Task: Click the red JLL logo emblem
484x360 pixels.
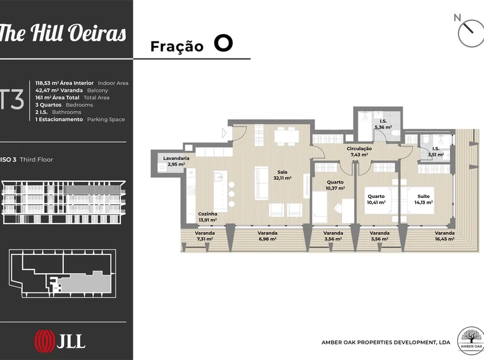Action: (x=45, y=341)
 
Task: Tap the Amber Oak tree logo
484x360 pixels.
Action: (x=470, y=341)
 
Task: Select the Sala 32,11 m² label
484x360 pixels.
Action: (x=282, y=175)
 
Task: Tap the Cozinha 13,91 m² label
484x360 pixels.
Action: (x=208, y=217)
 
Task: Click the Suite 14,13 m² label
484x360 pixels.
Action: (x=423, y=199)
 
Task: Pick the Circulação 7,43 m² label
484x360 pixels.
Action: (x=359, y=151)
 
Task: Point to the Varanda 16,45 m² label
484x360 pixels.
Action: (x=444, y=236)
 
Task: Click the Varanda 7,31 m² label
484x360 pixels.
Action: (x=205, y=236)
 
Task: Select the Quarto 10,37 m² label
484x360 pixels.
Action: (x=335, y=185)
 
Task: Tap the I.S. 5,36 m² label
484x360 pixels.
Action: (x=383, y=124)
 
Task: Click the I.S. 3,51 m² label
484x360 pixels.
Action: (x=436, y=151)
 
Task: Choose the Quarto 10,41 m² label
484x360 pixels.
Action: (x=376, y=199)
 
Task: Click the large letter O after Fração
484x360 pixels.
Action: (x=223, y=43)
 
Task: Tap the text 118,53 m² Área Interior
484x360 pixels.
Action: (x=64, y=83)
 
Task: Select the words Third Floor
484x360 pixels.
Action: (x=36, y=160)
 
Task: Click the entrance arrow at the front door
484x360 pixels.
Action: (x=225, y=133)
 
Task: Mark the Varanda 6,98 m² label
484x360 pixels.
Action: (x=267, y=236)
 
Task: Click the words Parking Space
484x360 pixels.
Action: (x=106, y=120)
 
